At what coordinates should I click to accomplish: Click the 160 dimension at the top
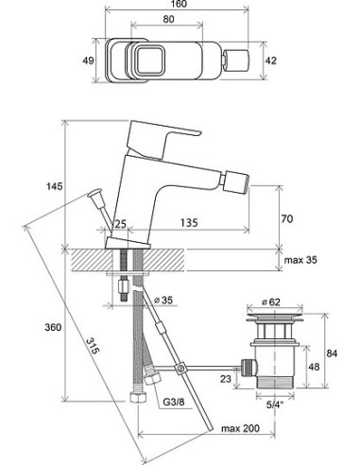(x=180, y=4)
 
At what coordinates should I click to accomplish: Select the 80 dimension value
(x=169, y=19)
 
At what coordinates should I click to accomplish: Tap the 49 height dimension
(x=88, y=60)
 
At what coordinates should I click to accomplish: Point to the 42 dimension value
(x=270, y=60)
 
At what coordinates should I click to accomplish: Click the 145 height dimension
(x=55, y=186)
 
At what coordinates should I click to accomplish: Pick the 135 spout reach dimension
(x=189, y=223)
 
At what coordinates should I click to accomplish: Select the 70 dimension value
(x=286, y=218)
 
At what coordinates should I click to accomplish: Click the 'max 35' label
(x=300, y=260)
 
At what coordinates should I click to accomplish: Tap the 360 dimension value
(x=53, y=327)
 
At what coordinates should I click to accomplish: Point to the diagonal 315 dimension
(x=93, y=346)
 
